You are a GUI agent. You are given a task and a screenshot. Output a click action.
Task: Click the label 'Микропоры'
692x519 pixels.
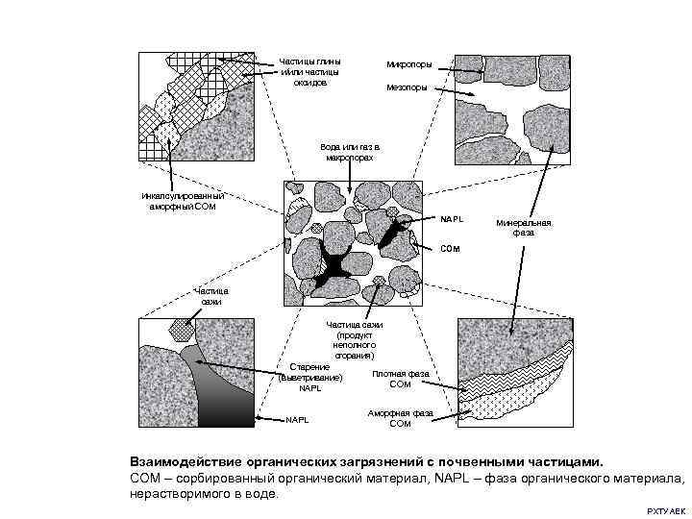point(408,64)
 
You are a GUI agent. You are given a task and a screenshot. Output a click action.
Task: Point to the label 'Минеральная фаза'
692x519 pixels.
point(524,227)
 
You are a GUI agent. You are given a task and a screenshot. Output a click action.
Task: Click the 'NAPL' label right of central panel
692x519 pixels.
point(452,219)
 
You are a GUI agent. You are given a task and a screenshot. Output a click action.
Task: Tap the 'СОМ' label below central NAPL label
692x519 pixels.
point(450,249)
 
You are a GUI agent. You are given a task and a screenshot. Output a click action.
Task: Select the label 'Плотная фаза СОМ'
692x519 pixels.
point(400,379)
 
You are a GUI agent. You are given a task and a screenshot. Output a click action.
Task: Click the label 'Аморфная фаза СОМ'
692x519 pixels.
point(400,418)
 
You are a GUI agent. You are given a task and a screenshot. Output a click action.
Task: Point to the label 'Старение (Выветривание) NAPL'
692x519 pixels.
point(309,378)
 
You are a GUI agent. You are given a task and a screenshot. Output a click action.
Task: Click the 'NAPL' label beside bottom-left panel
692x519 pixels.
point(300,419)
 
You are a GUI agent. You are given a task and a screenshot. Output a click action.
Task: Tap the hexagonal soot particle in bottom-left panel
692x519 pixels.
point(181,329)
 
